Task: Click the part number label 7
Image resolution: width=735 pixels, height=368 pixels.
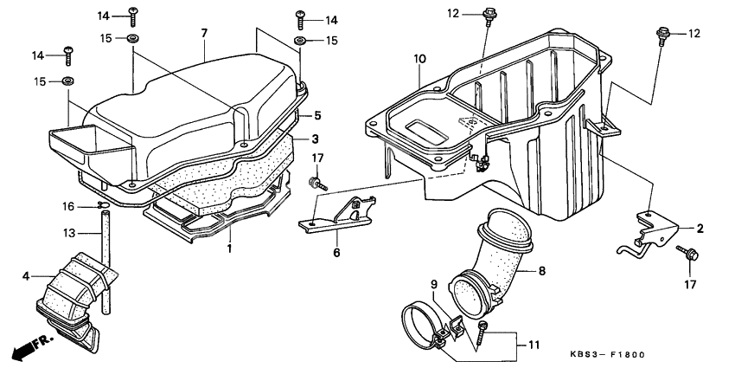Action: pos(204,34)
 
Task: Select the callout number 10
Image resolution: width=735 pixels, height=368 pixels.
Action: pos(419,59)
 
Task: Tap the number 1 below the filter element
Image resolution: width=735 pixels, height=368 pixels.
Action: pos(229,249)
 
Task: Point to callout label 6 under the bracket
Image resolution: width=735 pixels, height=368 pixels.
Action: pos(337,253)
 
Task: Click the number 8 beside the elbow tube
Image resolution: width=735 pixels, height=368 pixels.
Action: pos(542,271)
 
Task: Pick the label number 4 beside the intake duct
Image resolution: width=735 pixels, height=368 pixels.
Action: pos(26,276)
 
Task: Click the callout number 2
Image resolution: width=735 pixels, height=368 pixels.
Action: pos(700,229)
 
